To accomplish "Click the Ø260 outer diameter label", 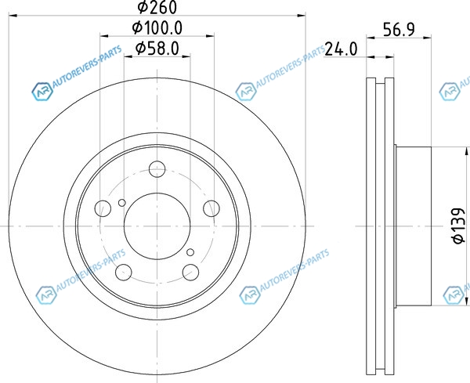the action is pyautogui.click(x=157, y=7).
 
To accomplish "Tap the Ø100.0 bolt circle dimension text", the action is pyautogui.click(x=157, y=28).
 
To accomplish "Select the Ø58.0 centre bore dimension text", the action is pyautogui.click(x=157, y=49).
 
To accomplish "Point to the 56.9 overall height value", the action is pyautogui.click(x=399, y=29).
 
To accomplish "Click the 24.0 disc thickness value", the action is pyautogui.click(x=342, y=49).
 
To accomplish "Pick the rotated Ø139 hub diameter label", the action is pyautogui.click(x=458, y=226).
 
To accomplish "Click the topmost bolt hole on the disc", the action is pyautogui.click(x=157, y=169).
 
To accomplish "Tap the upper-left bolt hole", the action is pyautogui.click(x=103, y=208).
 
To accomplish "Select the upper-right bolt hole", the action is pyautogui.click(x=211, y=208).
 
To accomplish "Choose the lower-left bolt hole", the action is pyautogui.click(x=124, y=272).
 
